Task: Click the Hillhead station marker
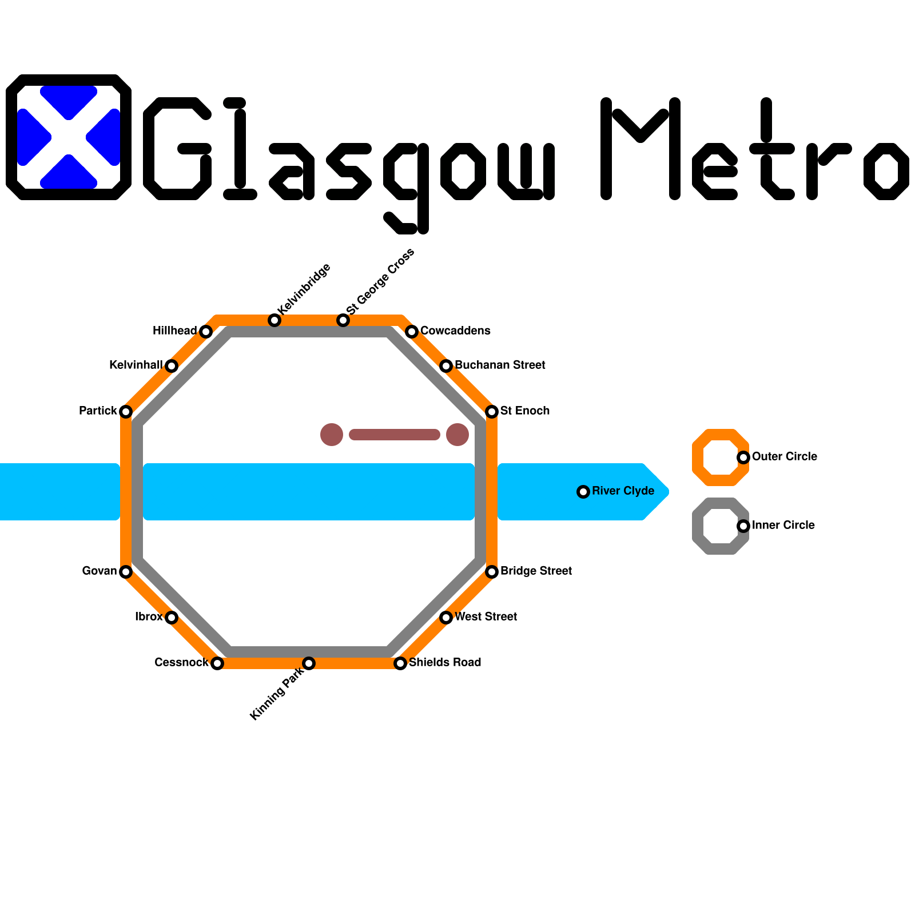206,332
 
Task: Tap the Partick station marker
126,412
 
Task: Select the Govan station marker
126,572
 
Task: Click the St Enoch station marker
492,412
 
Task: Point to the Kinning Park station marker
309,663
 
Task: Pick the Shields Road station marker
400,663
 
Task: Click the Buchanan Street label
500,365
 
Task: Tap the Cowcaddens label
455,331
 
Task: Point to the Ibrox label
149,616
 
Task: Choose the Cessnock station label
181,662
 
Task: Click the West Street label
486,616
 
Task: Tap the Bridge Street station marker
492,572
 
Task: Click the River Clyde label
623,491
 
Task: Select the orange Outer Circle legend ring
721,457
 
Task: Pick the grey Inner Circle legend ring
721,526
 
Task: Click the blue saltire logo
69,137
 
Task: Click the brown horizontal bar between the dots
395,435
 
